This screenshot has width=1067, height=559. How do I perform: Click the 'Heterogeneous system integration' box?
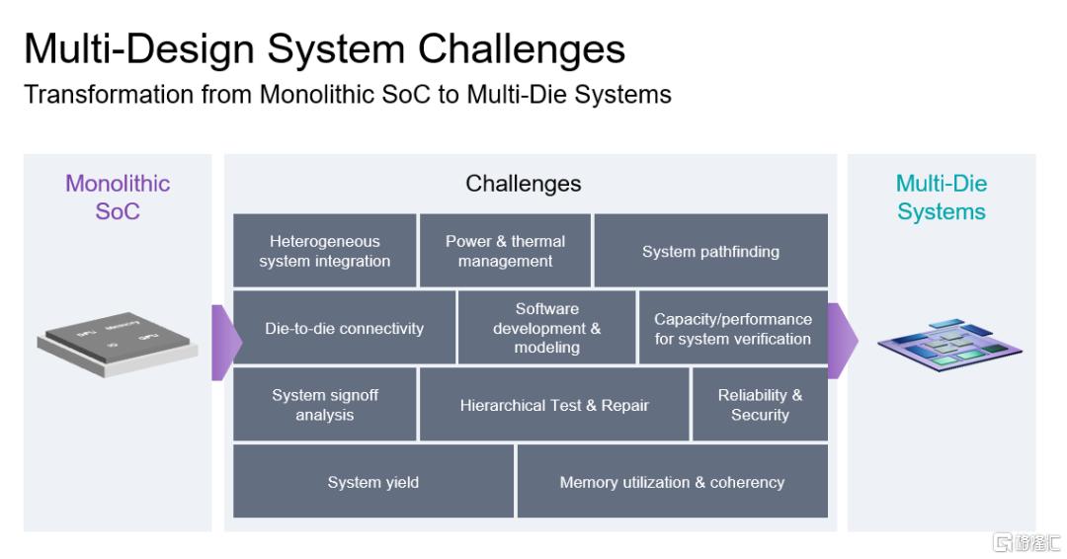click(x=325, y=250)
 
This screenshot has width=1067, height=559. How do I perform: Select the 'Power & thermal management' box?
click(x=505, y=250)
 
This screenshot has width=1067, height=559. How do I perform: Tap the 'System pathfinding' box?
click(x=711, y=250)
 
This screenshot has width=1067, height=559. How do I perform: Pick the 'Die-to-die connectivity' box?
click(x=345, y=328)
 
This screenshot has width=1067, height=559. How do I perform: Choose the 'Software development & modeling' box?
click(x=547, y=328)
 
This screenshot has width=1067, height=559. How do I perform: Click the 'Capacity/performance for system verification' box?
click(x=733, y=328)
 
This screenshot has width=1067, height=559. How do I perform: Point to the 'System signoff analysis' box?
click(x=325, y=405)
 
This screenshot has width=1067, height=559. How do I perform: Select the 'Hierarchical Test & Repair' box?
click(x=554, y=405)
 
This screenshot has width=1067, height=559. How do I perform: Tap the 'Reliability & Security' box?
click(x=760, y=405)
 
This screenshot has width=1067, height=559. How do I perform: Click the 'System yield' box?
click(x=372, y=482)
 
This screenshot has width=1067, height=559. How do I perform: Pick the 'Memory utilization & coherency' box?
click(x=673, y=482)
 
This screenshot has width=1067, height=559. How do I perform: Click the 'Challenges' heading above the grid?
click(x=524, y=184)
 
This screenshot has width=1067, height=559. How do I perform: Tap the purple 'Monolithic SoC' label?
click(x=118, y=198)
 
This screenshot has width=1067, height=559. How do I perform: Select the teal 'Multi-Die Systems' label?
click(x=942, y=198)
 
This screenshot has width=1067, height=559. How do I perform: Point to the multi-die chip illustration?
click(x=949, y=346)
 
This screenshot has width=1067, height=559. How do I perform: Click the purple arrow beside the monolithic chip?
click(x=226, y=343)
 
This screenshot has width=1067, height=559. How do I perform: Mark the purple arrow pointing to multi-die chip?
click(x=843, y=341)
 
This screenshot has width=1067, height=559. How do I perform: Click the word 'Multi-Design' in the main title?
click(x=139, y=49)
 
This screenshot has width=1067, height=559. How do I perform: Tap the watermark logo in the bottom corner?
click(x=1026, y=542)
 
